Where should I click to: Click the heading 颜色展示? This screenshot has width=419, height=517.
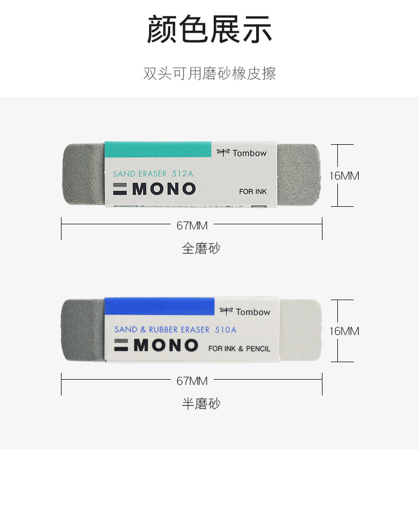pos(210,30)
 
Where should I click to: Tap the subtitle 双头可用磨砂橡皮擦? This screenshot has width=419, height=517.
pos(210,73)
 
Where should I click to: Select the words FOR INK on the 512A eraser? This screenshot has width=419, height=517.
pos(252,191)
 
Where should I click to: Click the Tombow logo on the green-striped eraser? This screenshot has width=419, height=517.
pos(242,153)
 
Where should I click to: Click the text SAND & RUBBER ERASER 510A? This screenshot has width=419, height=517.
pos(175,330)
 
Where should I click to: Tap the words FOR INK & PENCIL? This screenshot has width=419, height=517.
pos(239,348)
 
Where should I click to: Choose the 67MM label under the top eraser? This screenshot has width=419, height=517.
pos(192,225)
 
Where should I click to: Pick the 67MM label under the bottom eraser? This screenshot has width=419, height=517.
pos(192,381)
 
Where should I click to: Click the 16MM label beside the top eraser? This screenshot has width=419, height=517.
pos(344,176)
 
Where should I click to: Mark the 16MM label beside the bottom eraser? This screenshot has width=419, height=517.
pos(344,331)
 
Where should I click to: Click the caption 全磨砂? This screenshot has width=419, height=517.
pos(200,248)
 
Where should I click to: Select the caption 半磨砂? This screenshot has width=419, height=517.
pos(200,404)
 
